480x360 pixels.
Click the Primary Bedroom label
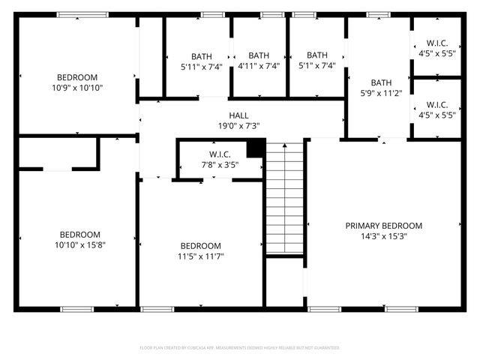(x=383, y=226)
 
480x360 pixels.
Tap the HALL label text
(x=238, y=115)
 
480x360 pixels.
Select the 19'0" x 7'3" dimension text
(x=238, y=126)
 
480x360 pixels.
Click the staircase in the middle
(x=284, y=198)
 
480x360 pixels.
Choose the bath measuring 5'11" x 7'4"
(x=201, y=61)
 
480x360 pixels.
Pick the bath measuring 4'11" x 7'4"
(x=259, y=61)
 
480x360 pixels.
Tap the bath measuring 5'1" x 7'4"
(x=317, y=61)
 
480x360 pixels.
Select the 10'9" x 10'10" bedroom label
(x=77, y=82)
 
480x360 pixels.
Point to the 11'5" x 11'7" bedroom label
(x=200, y=251)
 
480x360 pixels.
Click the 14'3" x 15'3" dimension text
(x=383, y=237)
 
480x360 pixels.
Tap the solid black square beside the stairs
(x=256, y=148)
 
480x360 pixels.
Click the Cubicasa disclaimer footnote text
(x=240, y=348)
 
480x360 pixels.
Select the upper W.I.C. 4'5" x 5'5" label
(x=436, y=48)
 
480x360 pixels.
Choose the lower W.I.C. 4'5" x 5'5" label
(x=436, y=109)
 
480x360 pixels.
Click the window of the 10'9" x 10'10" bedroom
(x=82, y=14)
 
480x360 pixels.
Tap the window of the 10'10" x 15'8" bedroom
(x=76, y=309)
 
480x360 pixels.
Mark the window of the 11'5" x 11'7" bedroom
(x=156, y=309)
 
